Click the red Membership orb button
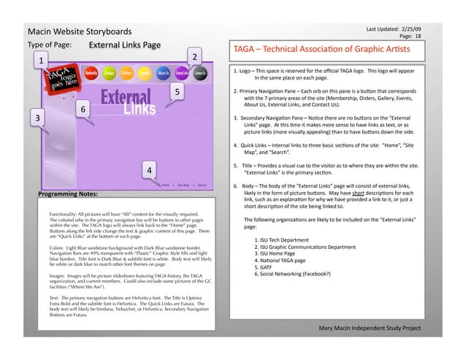(92, 73)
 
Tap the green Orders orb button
(110, 73)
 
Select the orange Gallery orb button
(127, 73)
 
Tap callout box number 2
(195, 57)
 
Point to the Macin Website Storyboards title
(79, 32)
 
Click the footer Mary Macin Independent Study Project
(370, 328)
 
